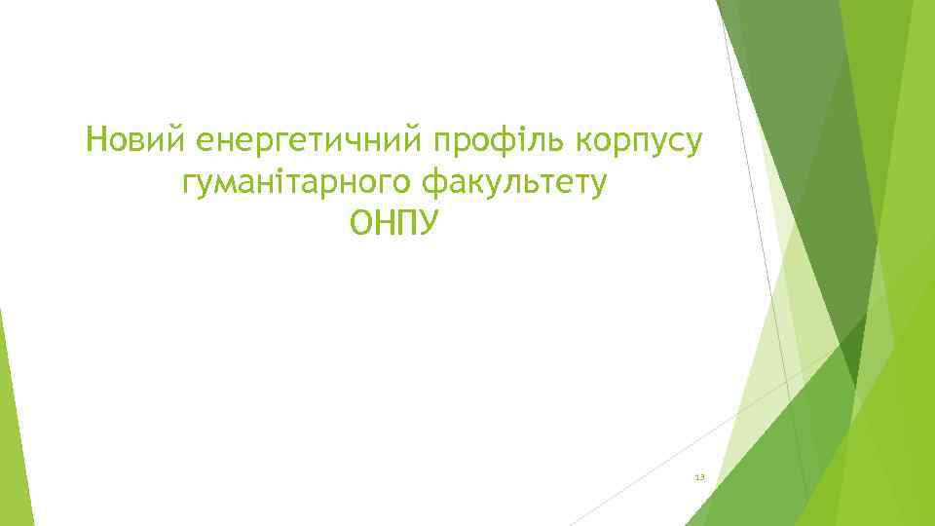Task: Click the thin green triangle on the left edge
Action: [8, 409]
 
